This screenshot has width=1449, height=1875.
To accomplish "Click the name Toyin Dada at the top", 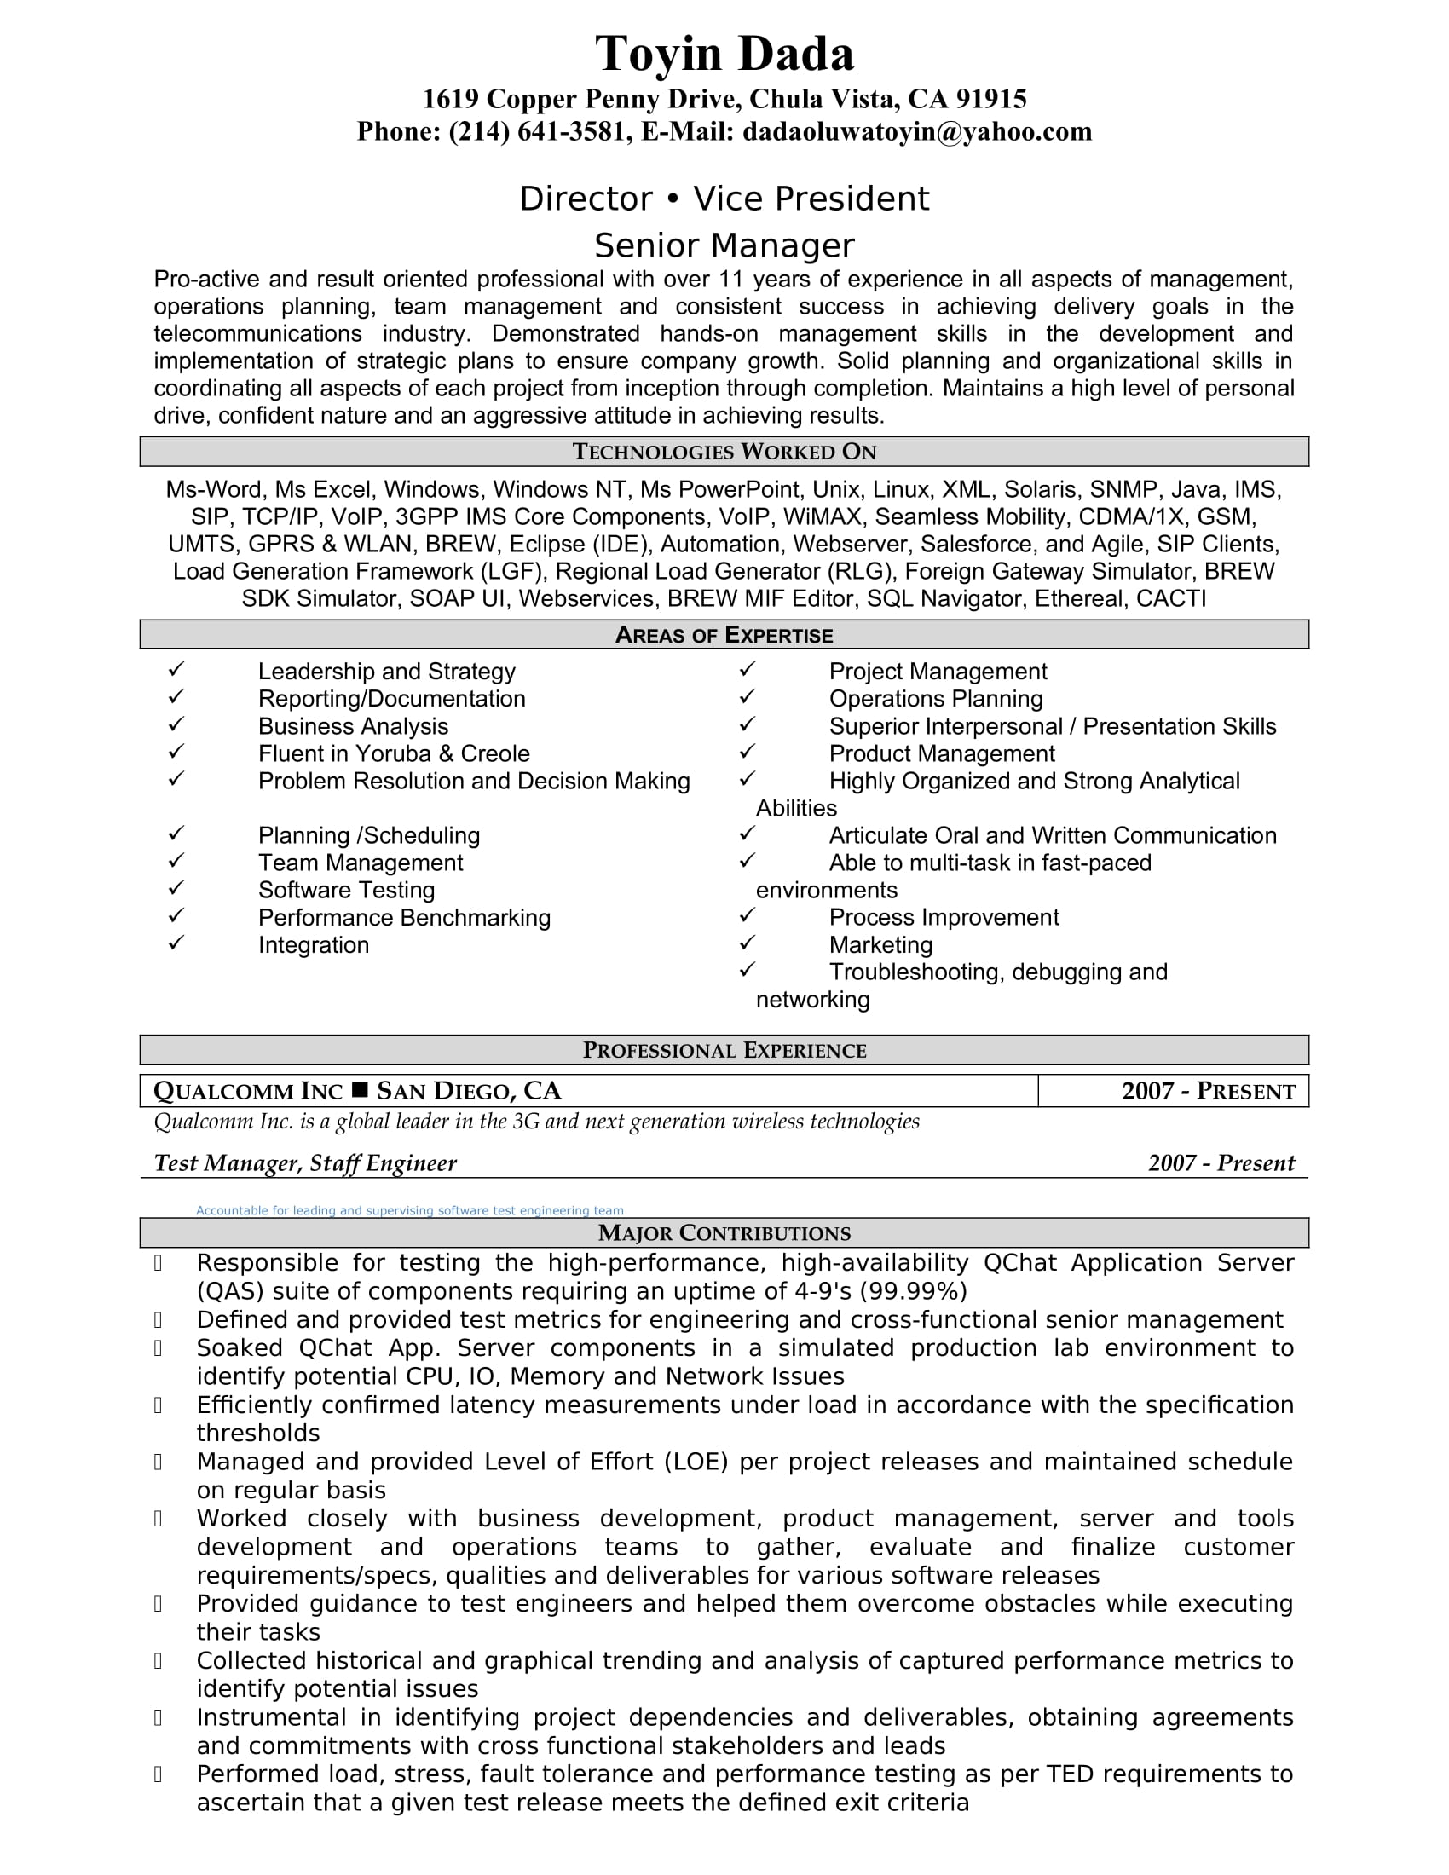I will coord(724,54).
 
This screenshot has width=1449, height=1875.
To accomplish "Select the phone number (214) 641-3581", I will coord(537,131).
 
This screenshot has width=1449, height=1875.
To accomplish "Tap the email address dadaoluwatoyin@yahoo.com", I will coord(917,131).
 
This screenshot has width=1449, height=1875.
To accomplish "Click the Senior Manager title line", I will coord(724,245).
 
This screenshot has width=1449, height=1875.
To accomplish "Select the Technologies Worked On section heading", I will coord(724,452).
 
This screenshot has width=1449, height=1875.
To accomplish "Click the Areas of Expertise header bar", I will coord(724,634).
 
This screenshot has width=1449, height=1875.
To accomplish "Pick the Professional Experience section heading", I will coord(724,1050).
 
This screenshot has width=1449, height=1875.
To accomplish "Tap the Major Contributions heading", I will coord(724,1233).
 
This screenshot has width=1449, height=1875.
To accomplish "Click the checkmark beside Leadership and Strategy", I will coord(176,669).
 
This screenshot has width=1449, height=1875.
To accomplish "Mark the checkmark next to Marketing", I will coord(747,943).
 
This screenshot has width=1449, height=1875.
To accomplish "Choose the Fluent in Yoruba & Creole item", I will coord(393,753).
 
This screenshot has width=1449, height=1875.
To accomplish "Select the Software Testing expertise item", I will coord(346,891).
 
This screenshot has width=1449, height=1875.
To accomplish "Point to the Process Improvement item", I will coord(944,918).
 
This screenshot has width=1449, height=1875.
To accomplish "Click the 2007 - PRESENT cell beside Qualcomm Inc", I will coord(1207,1091).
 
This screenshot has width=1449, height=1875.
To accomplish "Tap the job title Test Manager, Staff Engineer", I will coord(305,1163).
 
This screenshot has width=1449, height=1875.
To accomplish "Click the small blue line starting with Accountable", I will coord(408,1210).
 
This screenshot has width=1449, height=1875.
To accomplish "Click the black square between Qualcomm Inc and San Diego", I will coord(360,1090).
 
